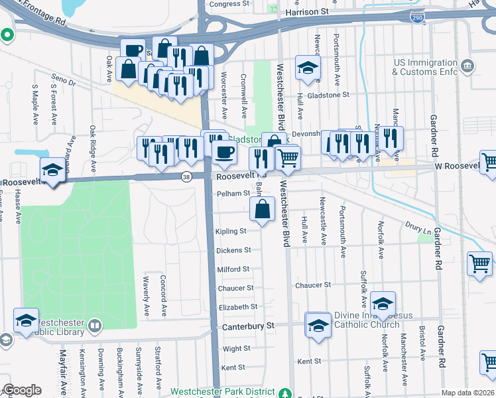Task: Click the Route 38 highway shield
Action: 187,176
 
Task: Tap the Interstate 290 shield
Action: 416,17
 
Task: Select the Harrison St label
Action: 307,12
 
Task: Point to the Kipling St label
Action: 231,232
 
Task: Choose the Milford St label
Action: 233,269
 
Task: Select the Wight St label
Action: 236,348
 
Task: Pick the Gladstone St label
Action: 327,95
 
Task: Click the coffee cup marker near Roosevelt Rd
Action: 224,153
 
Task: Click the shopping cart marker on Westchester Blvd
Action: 288,158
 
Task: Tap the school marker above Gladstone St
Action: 307,68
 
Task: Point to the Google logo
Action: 22,390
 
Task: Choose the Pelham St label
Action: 233,194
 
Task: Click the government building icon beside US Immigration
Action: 468,66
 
